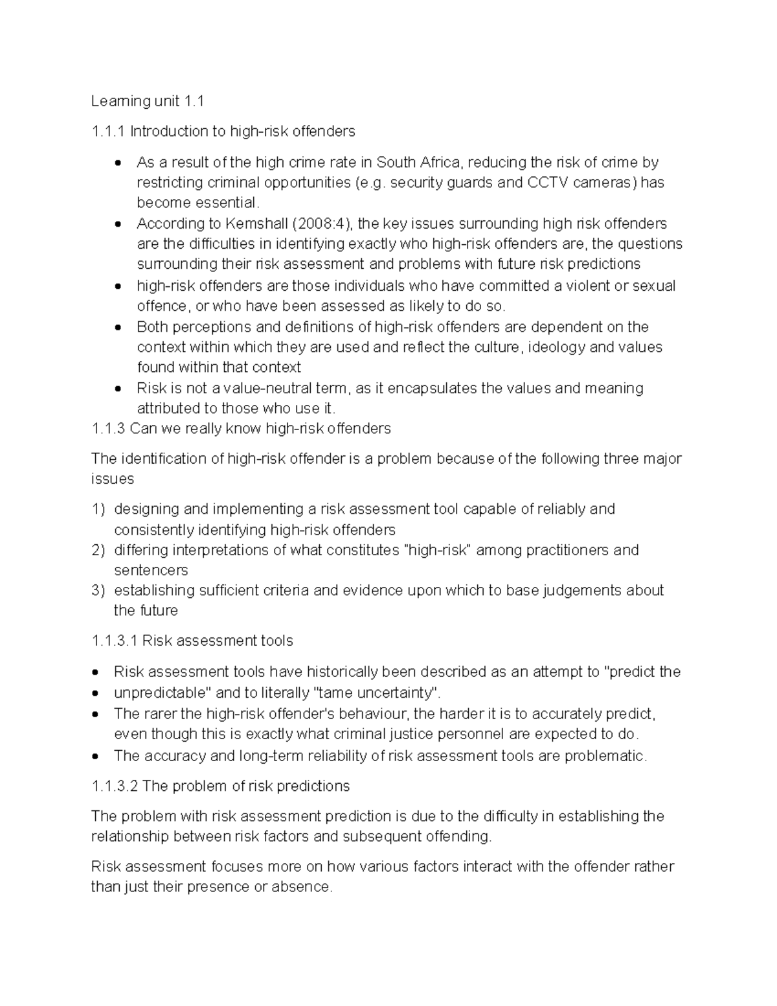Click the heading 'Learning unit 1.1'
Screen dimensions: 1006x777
pos(148,101)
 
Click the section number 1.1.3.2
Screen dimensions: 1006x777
pos(115,786)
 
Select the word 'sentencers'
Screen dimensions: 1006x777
pos(151,571)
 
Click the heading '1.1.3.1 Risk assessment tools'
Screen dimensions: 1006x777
pos(192,641)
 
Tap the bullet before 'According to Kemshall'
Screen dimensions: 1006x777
pos(117,225)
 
